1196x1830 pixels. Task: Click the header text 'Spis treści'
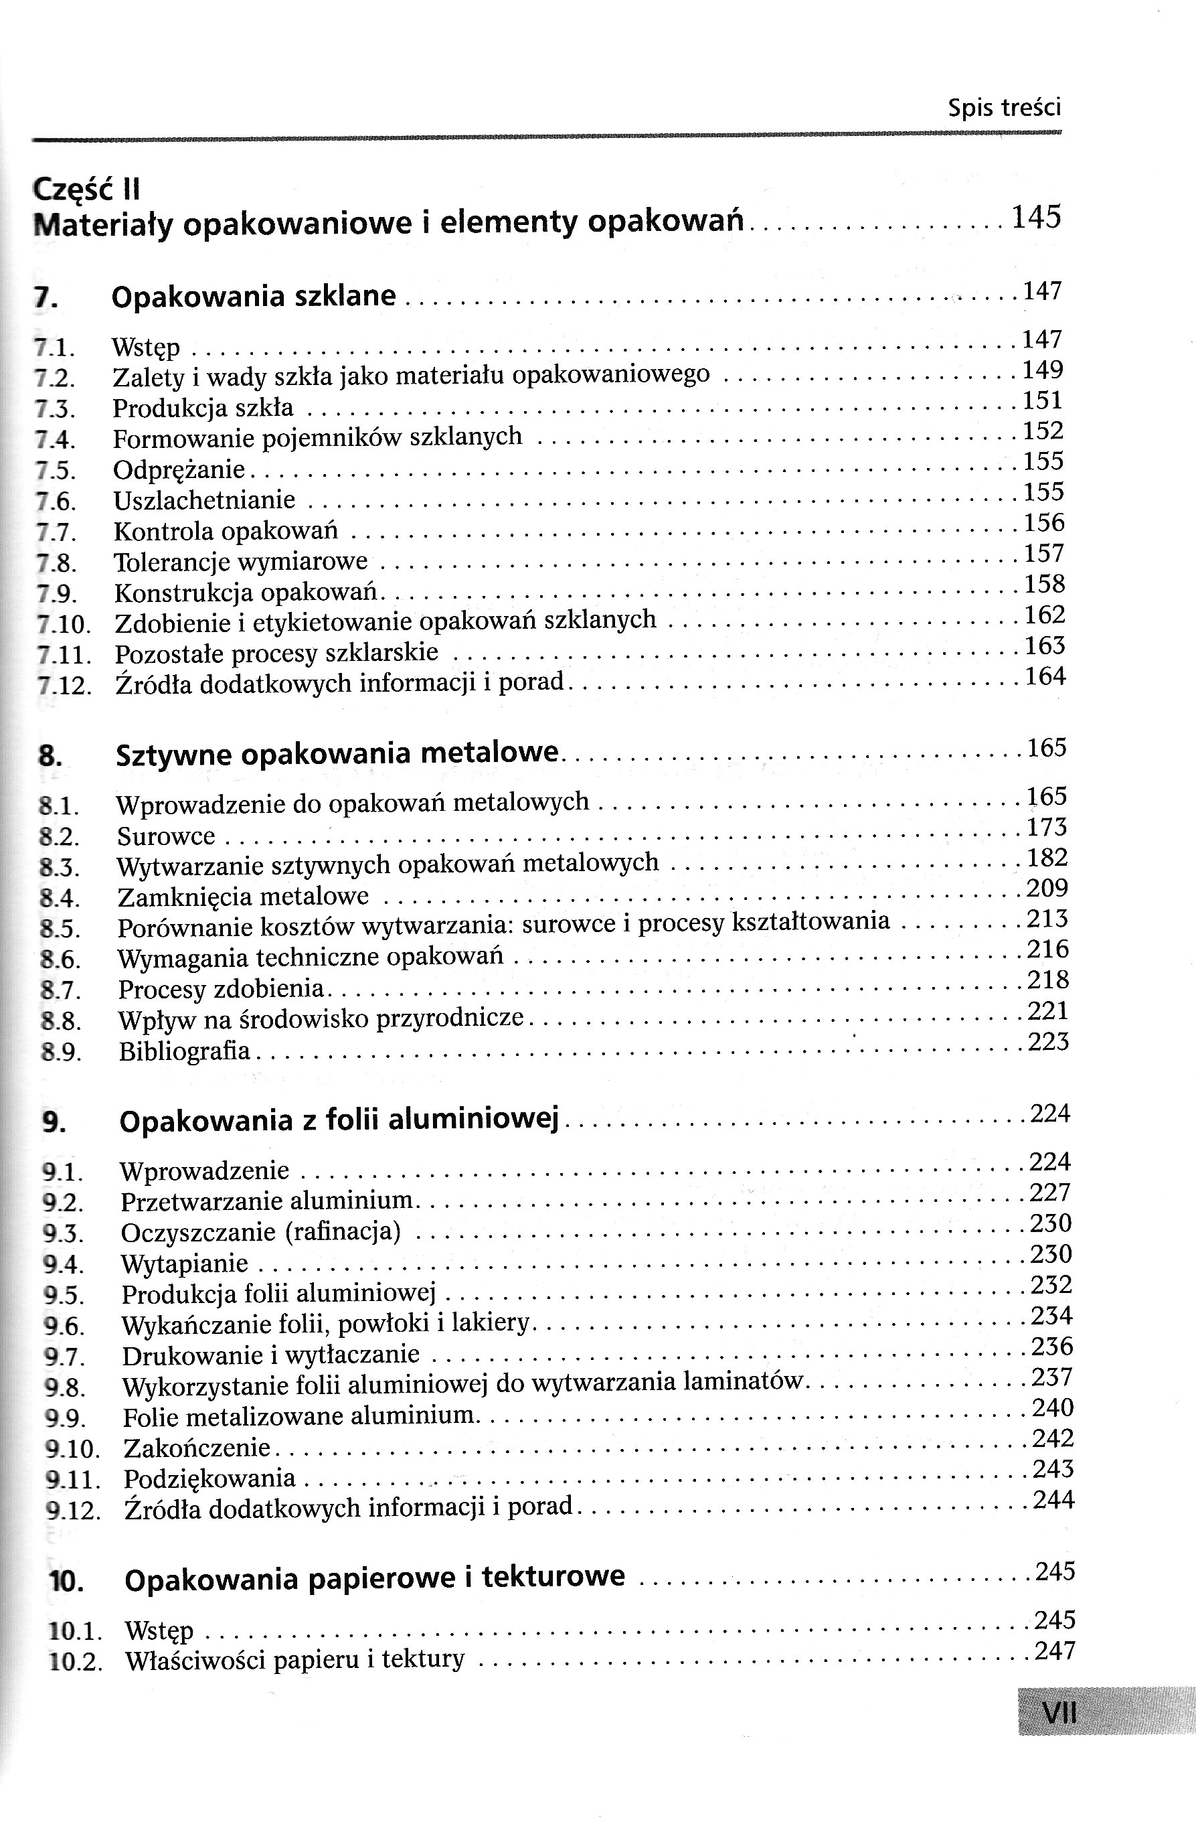click(1004, 108)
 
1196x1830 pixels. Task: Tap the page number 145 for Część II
click(1036, 218)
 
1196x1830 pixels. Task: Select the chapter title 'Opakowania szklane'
click(254, 297)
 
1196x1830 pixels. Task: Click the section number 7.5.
click(55, 471)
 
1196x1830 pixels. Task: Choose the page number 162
click(1045, 615)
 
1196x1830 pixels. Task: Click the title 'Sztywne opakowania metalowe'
click(337, 753)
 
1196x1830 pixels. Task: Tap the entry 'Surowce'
click(166, 836)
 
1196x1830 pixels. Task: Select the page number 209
click(1047, 888)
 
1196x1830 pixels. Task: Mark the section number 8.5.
click(60, 929)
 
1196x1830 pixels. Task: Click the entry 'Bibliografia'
click(185, 1051)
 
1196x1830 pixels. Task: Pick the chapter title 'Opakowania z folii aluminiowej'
click(339, 1121)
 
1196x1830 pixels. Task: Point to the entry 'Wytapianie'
click(185, 1264)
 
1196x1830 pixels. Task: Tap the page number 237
click(1051, 1377)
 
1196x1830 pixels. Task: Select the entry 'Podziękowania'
click(209, 1478)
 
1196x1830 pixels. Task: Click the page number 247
click(1055, 1651)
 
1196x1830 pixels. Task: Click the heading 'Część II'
click(87, 188)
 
